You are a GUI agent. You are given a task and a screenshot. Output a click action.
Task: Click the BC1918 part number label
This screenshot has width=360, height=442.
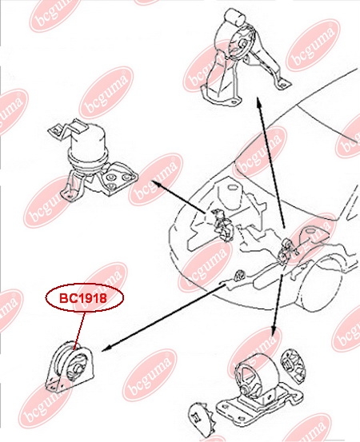[83, 298]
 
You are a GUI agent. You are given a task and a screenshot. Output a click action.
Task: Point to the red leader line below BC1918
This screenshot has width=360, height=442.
[79, 331]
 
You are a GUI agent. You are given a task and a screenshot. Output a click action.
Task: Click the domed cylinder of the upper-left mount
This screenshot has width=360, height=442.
[88, 144]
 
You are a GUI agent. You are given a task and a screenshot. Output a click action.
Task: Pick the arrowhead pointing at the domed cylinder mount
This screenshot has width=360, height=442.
[156, 184]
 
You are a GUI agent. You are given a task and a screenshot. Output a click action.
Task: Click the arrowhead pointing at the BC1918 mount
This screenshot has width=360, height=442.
[105, 349]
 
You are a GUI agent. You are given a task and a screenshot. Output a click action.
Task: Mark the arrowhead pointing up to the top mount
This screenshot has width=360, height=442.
[258, 101]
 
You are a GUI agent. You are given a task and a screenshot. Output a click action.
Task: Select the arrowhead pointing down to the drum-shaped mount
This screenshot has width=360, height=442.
[273, 331]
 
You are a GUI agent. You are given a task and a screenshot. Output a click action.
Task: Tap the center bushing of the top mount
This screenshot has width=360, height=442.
[242, 45]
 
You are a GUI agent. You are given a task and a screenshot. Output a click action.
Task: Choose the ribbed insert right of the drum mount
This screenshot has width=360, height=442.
[293, 365]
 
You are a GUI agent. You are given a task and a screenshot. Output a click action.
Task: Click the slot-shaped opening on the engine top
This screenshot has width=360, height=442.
[233, 188]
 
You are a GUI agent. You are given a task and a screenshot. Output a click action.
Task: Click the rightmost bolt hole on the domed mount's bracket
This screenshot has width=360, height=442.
[127, 177]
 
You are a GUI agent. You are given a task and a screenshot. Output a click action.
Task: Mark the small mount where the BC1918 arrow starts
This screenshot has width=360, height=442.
[240, 274]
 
